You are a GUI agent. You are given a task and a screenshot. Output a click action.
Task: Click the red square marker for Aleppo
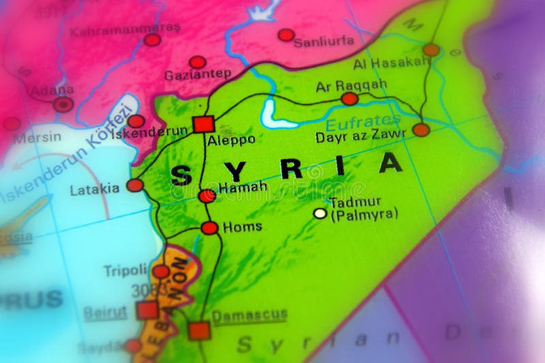pyautogui.click(x=203, y=124)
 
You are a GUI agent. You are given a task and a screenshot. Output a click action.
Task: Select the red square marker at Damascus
pyautogui.click(x=199, y=330)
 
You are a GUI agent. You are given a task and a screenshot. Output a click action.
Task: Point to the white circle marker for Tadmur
pyautogui.click(x=320, y=213)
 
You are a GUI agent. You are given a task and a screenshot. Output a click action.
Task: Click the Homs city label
pyautogui.click(x=242, y=227)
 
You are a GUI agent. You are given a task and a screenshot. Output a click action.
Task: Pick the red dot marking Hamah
pyautogui.click(x=207, y=196)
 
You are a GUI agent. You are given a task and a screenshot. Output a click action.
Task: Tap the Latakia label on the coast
pyautogui.click(x=95, y=190)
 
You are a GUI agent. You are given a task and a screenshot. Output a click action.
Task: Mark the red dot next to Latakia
pyautogui.click(x=135, y=185)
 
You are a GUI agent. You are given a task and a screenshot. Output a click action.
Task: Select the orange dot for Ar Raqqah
pyautogui.click(x=349, y=99)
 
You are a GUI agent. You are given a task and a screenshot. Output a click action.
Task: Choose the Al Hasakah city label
pyautogui.click(x=392, y=63)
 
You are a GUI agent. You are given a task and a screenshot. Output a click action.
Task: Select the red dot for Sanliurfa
pyautogui.click(x=286, y=35)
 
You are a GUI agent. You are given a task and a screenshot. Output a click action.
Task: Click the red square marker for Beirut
pyautogui.click(x=147, y=310)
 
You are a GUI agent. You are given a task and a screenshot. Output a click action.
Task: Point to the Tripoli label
pyautogui.click(x=125, y=270)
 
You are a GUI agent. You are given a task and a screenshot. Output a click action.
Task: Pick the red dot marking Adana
pyautogui.click(x=63, y=104)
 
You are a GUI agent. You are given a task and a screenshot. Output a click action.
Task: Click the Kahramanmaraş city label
pyautogui.click(x=125, y=31)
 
